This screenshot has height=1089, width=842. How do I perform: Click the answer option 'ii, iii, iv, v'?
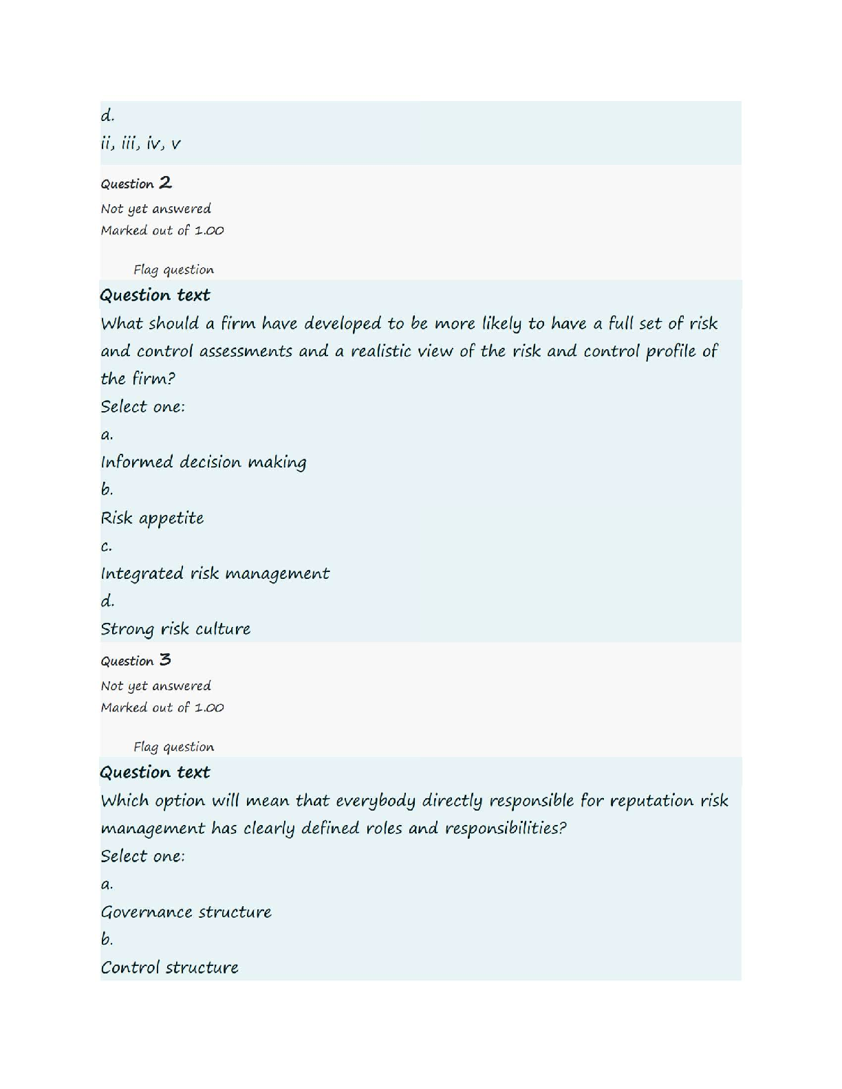click(140, 144)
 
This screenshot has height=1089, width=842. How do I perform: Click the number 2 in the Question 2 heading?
click(165, 182)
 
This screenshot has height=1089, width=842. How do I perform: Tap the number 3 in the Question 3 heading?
click(165, 660)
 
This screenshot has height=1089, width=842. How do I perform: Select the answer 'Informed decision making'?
click(204, 462)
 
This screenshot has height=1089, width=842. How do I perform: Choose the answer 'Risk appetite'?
click(152, 518)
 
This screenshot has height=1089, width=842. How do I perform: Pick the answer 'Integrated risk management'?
click(215, 573)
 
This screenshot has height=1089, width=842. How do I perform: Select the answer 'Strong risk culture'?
click(175, 629)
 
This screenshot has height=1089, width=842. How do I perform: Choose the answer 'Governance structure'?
click(186, 912)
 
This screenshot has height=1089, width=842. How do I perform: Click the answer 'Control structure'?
click(169, 967)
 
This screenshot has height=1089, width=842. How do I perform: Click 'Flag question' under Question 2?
click(173, 269)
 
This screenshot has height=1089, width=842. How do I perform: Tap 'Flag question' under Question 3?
click(173, 747)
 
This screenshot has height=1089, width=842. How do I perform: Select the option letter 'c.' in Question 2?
click(106, 546)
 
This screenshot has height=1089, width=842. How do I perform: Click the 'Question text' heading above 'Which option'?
click(155, 772)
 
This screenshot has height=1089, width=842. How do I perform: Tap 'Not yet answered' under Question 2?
click(155, 208)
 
